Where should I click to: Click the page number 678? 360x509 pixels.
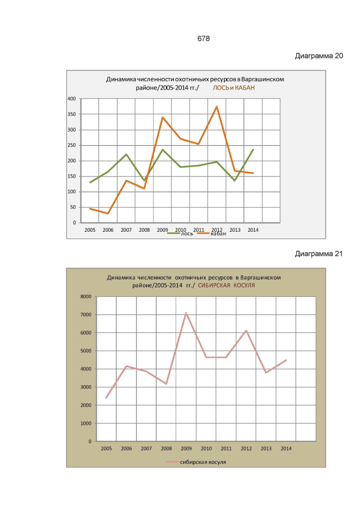tap(204, 38)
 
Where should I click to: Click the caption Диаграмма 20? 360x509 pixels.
tap(319, 56)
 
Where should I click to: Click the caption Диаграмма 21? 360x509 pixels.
tap(319, 254)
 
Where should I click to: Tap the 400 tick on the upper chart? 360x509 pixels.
tap(71, 99)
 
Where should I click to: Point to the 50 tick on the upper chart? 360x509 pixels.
tap(73, 208)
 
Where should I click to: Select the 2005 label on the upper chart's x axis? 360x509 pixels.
tap(89, 229)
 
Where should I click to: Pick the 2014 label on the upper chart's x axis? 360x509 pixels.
tap(253, 229)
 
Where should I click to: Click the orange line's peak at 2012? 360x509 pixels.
tap(217, 106)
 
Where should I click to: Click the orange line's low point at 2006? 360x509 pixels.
tap(108, 214)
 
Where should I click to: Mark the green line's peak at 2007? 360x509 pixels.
tap(126, 154)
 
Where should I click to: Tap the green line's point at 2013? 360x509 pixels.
tap(235, 181)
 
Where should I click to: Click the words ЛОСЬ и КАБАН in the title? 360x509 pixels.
tap(233, 88)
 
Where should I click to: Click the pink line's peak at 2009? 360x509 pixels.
tap(186, 313)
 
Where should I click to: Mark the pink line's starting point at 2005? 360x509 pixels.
tap(106, 398)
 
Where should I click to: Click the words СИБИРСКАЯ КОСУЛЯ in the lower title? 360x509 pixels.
tap(226, 286)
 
